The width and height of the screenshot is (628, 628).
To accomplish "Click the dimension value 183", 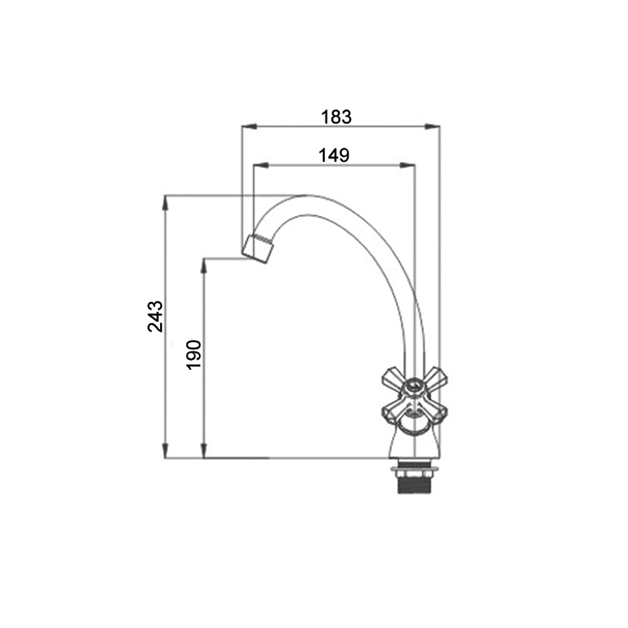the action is point(337,117).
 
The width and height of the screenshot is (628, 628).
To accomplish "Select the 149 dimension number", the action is point(334,155).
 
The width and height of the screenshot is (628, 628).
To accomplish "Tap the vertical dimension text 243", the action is point(155,317).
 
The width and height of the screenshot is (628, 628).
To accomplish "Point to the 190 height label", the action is point(194,355).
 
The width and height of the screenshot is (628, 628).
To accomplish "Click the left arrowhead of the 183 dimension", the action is point(249,127).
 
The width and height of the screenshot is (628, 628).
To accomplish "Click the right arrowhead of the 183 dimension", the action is point(432,127).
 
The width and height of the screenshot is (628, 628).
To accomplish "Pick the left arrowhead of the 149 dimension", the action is point(261,165).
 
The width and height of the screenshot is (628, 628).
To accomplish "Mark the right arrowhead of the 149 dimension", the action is point(408,165).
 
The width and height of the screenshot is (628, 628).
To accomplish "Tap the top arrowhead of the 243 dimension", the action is point(165,203).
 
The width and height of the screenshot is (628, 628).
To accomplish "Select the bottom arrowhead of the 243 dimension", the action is point(165,450).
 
